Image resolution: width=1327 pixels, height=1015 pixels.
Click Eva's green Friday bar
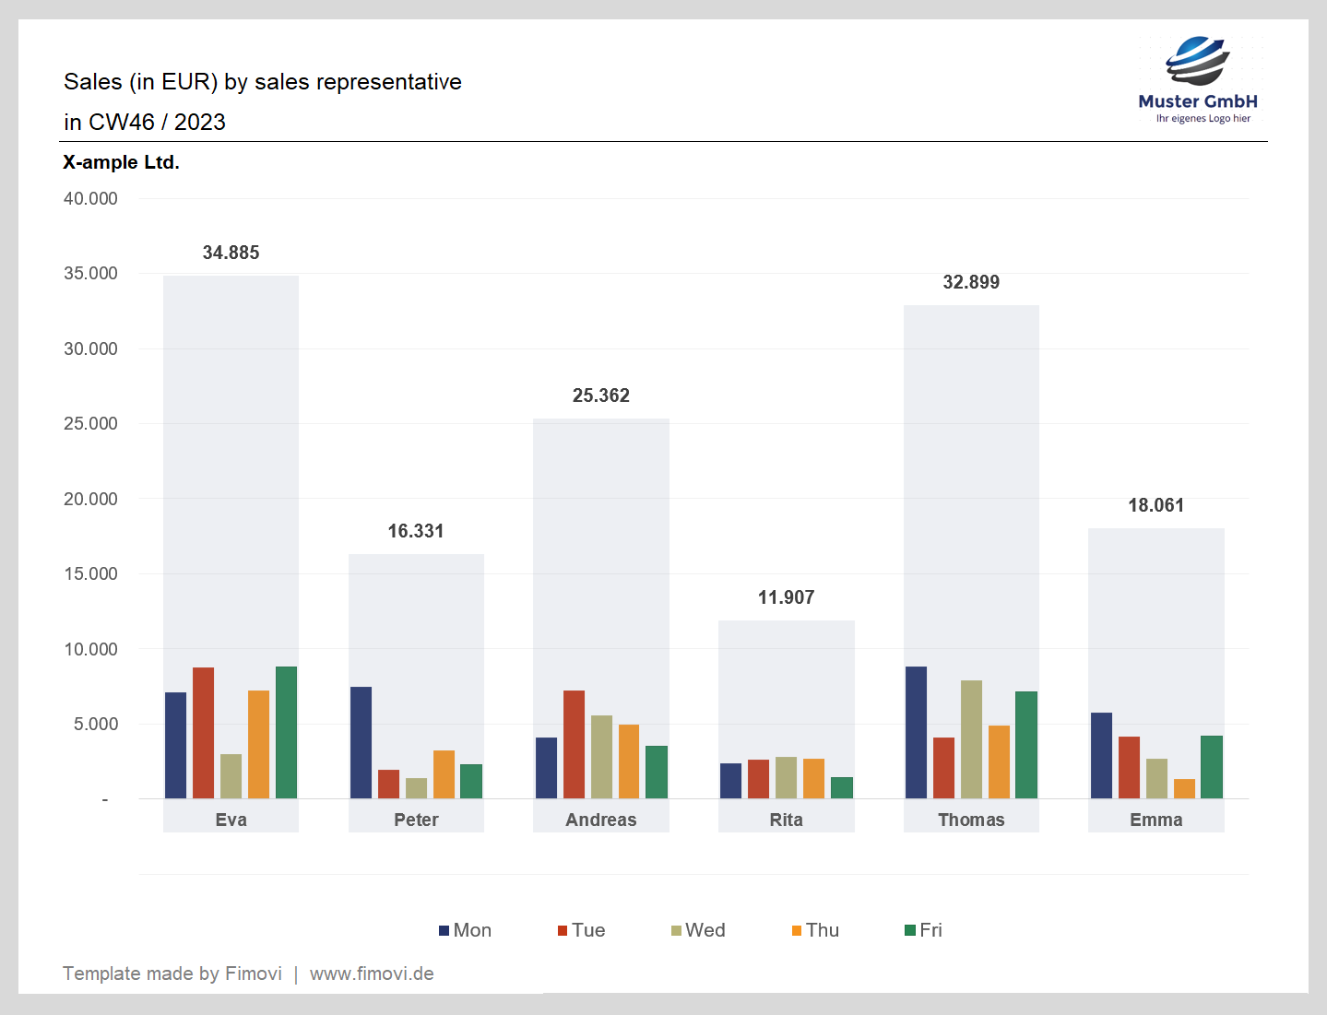pos(286,733)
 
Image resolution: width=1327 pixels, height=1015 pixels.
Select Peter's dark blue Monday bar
pos(361,743)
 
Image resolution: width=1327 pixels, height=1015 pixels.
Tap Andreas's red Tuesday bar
pos(574,745)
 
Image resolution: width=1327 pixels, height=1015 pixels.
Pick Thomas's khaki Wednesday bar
pos(971,739)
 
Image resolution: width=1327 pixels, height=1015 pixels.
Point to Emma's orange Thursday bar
pos(1184,789)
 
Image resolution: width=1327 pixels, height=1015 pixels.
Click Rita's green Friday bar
pos(842,788)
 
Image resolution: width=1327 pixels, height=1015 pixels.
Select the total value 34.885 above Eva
pos(231,253)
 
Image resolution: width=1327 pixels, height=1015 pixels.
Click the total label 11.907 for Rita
pos(786,597)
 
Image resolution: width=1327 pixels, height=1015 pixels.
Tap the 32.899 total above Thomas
pos(971,282)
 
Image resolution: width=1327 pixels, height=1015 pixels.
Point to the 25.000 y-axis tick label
pos(90,423)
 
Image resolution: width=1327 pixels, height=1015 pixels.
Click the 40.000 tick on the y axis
pos(90,198)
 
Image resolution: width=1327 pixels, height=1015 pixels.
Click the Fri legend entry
pos(924,930)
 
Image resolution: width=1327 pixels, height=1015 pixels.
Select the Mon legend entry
pos(466,930)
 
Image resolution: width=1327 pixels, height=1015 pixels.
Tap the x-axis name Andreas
pos(601,820)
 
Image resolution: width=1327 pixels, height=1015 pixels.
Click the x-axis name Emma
pos(1156,820)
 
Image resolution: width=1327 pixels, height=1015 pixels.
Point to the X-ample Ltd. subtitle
pos(121,162)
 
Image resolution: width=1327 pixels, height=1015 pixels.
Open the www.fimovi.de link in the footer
pos(372,974)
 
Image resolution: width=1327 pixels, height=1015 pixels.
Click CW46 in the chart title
pos(122,122)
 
